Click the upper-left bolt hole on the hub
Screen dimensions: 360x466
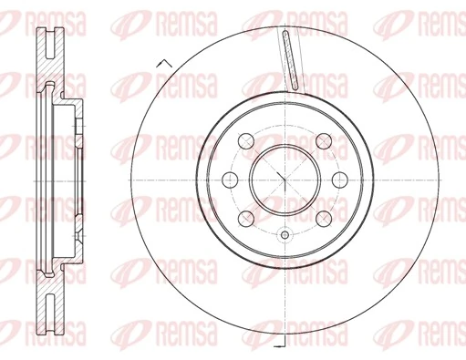point(246,140)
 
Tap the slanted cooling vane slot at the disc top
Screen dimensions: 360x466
point(291,60)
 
